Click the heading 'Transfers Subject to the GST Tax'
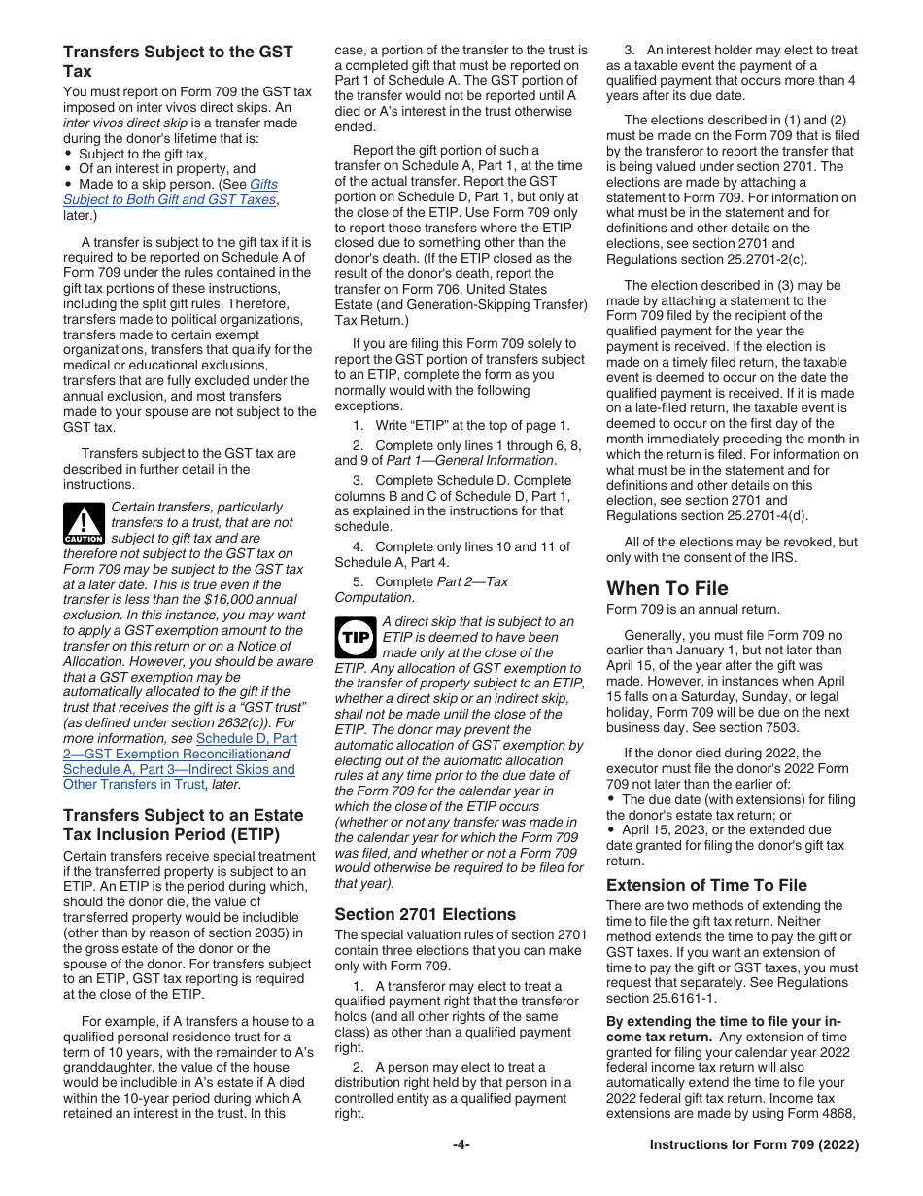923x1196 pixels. (x=178, y=60)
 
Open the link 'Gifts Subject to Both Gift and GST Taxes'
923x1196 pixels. (x=170, y=193)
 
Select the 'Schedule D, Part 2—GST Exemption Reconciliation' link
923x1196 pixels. (x=180, y=746)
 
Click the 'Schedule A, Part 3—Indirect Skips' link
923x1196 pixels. (x=179, y=769)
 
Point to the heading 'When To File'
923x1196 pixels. (x=667, y=588)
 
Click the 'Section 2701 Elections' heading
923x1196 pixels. (x=425, y=914)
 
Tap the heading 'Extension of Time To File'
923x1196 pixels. (x=706, y=885)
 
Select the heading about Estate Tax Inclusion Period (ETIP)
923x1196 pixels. (x=183, y=824)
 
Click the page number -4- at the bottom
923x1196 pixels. (x=461, y=1145)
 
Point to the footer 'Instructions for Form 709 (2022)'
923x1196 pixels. (x=754, y=1145)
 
